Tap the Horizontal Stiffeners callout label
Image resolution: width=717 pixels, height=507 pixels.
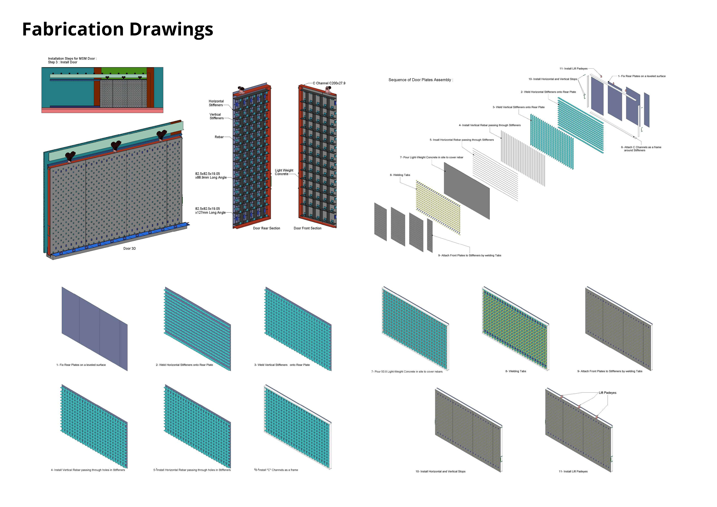[216, 103]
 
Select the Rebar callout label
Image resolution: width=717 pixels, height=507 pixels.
[219, 137]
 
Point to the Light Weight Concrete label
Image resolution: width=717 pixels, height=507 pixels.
[284, 172]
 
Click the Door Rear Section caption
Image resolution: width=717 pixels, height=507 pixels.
[266, 228]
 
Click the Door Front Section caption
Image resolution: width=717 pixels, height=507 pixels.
[307, 228]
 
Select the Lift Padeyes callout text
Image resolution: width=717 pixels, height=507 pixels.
[607, 393]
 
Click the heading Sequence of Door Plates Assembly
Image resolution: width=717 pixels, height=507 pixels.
[420, 80]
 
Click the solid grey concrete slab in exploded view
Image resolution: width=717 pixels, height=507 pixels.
[467, 190]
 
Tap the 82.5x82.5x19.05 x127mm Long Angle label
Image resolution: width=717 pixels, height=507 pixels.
[210, 210]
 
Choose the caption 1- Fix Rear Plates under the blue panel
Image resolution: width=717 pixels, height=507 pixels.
[81, 365]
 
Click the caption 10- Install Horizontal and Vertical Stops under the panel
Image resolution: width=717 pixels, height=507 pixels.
[440, 471]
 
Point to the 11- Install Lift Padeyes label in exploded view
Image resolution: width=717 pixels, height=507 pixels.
[573, 68]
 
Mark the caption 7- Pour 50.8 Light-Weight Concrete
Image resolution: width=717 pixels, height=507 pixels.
[407, 371]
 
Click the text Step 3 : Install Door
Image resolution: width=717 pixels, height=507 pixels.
[62, 62]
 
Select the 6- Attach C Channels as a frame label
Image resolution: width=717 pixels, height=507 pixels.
[641, 149]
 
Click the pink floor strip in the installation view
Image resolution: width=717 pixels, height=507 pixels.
[102, 111]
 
